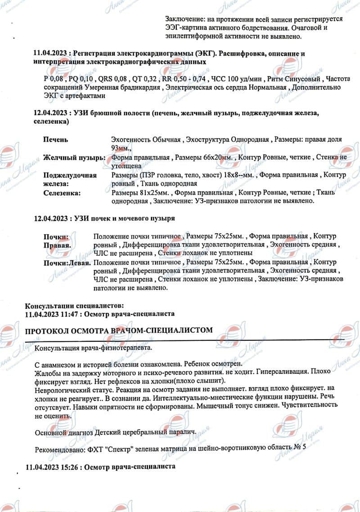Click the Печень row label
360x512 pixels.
tap(55, 140)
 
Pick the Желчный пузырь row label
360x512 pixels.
tap(74, 158)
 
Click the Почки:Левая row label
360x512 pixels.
tap(67, 262)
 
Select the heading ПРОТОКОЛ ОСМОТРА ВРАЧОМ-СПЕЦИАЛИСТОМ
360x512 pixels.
tap(118, 331)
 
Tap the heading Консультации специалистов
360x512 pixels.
tap(74, 306)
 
